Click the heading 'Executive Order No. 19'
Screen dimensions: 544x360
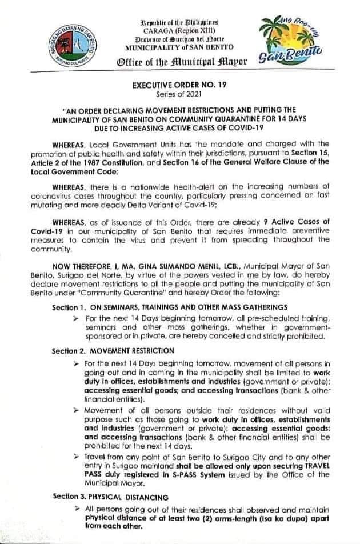[x=181, y=85]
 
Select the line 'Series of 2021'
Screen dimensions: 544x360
[x=181, y=94]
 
